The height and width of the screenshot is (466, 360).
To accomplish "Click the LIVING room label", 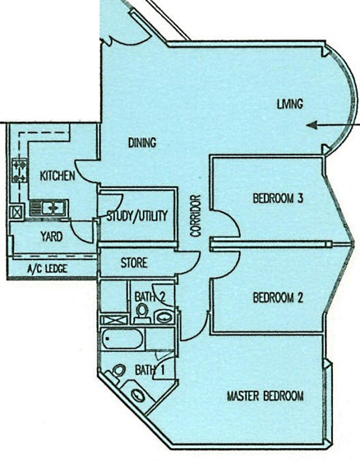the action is (x=290, y=104).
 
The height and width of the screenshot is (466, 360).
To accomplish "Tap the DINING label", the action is (x=142, y=143).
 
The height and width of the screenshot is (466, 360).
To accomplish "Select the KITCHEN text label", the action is (x=57, y=176).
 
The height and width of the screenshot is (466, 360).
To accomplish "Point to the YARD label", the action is (x=52, y=237).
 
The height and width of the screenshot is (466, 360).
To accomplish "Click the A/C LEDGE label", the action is (x=47, y=269).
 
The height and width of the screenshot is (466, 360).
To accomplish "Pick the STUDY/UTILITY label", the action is (x=137, y=216).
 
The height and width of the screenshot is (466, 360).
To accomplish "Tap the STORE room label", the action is (x=134, y=263).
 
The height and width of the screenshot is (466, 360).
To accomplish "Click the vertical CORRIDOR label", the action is (x=196, y=215).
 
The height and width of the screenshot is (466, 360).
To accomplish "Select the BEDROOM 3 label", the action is (x=278, y=198).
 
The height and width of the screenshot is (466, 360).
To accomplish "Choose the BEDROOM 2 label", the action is (x=278, y=297).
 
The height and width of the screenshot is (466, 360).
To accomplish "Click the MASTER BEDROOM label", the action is (x=265, y=396).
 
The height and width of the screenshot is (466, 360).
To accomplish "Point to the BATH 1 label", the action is (x=150, y=370).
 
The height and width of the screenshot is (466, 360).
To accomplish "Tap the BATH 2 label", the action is (x=150, y=296).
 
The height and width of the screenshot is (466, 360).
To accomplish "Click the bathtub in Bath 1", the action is (x=122, y=339).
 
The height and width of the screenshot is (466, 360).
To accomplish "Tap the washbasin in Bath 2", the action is (x=163, y=317).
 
